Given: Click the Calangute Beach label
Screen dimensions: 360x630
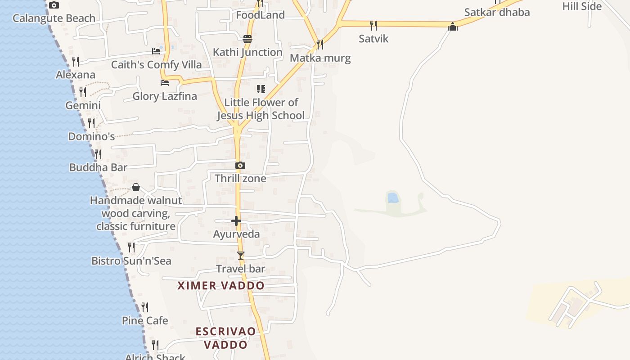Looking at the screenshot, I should (x=54, y=18).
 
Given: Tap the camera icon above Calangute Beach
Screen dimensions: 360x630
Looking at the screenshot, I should (x=54, y=5).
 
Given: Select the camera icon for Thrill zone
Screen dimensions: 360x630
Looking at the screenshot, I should (x=240, y=166).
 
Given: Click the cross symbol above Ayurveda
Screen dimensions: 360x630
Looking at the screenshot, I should (x=236, y=221).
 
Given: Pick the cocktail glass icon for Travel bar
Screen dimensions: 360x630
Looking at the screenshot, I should (x=241, y=256).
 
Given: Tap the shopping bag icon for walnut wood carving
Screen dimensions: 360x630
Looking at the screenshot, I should (x=136, y=187).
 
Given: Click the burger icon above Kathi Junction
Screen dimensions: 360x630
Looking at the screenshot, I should (x=247, y=39).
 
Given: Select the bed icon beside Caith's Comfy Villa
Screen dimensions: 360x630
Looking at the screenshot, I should (x=156, y=51).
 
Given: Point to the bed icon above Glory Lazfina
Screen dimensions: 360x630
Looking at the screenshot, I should (x=165, y=83).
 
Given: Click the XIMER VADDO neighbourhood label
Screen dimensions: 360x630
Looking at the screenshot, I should (x=221, y=286).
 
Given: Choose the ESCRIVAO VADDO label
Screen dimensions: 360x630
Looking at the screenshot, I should (x=226, y=338).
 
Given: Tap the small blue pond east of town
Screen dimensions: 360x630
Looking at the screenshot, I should (x=393, y=198).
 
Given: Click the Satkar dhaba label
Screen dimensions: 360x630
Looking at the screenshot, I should (x=497, y=12).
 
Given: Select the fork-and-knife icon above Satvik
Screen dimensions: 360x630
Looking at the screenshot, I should (x=373, y=25).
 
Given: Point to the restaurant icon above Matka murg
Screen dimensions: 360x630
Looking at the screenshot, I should (x=319, y=44).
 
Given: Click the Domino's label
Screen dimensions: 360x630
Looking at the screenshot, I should (x=91, y=136).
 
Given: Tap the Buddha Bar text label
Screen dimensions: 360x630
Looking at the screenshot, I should (x=98, y=167).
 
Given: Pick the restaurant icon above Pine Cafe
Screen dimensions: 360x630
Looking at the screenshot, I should (x=145, y=307).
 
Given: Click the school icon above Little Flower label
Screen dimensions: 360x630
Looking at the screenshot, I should (x=261, y=89).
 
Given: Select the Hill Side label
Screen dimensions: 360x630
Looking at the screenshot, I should (x=582, y=6).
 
